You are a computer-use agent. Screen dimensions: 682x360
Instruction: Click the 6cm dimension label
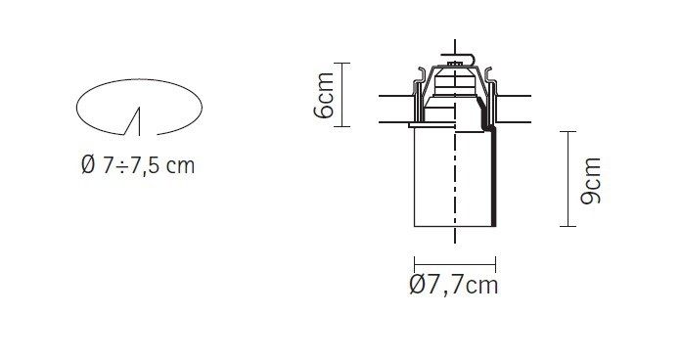tap(324, 95)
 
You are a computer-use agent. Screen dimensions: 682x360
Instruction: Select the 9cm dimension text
tap(591, 180)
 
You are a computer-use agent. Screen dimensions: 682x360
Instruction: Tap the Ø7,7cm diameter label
tap(454, 286)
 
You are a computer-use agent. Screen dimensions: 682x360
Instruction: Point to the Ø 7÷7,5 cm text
tap(138, 165)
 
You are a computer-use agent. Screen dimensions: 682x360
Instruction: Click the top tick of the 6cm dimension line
tap(341, 64)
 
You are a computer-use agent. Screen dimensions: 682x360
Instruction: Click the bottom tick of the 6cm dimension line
tap(341, 126)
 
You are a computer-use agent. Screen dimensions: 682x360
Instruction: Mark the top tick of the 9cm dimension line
tap(568, 131)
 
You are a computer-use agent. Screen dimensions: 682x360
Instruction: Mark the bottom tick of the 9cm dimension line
tap(568, 226)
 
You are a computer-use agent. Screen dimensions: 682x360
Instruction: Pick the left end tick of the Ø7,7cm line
tap(415, 264)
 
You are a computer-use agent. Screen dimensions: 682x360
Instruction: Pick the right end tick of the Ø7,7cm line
tap(495, 264)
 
